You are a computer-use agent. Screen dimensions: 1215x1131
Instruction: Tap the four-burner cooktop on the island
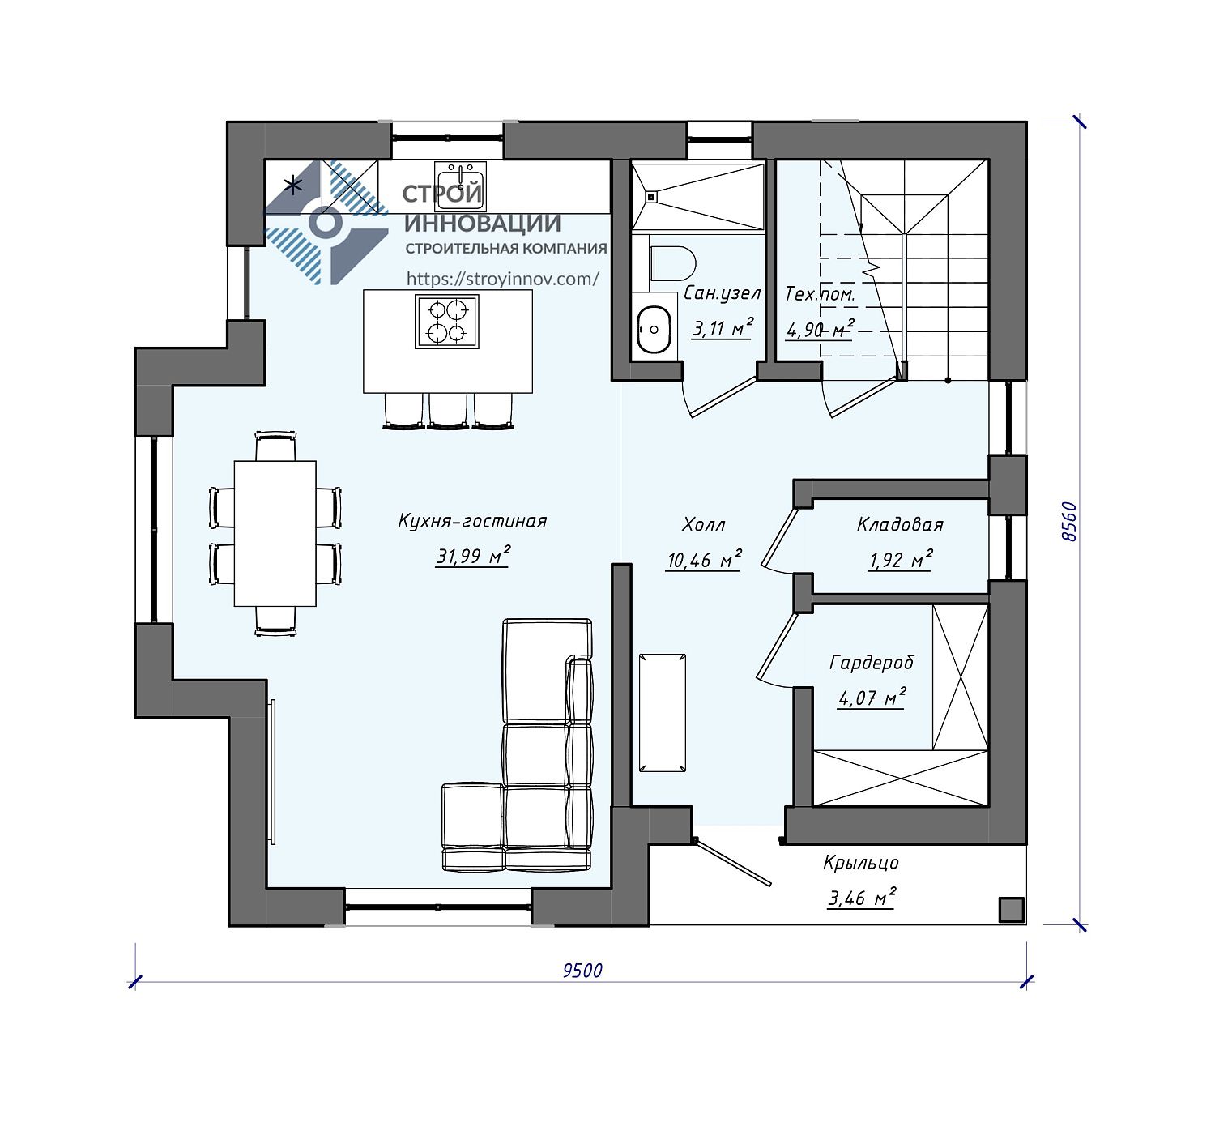click(x=446, y=322)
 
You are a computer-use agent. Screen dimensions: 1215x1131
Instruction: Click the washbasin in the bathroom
click(x=654, y=329)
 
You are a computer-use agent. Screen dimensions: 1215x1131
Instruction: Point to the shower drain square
click(x=651, y=197)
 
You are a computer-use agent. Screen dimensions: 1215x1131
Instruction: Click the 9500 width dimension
click(x=582, y=971)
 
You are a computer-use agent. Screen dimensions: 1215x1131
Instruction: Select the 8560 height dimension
click(x=1068, y=522)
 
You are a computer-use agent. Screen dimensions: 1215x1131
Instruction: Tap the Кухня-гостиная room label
click(x=472, y=521)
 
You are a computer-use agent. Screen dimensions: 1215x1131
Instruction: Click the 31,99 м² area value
click(x=473, y=556)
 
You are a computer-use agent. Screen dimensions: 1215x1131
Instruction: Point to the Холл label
click(x=704, y=524)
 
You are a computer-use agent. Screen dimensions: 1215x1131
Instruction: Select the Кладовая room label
click(x=900, y=524)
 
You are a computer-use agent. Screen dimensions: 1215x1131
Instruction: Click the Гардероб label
click(x=872, y=662)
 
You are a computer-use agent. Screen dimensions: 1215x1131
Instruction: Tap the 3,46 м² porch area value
click(x=862, y=898)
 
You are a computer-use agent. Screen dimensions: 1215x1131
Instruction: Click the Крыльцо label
click(x=861, y=863)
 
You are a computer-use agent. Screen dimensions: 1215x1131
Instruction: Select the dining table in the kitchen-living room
click(x=275, y=534)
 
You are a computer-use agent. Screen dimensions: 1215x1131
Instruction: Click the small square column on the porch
click(x=1011, y=910)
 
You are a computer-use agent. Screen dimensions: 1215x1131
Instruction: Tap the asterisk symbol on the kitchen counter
click(x=294, y=184)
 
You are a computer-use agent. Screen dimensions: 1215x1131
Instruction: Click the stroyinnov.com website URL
click(x=503, y=279)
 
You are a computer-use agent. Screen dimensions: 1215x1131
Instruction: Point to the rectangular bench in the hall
click(x=663, y=713)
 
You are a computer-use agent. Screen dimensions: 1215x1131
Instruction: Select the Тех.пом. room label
click(x=820, y=294)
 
